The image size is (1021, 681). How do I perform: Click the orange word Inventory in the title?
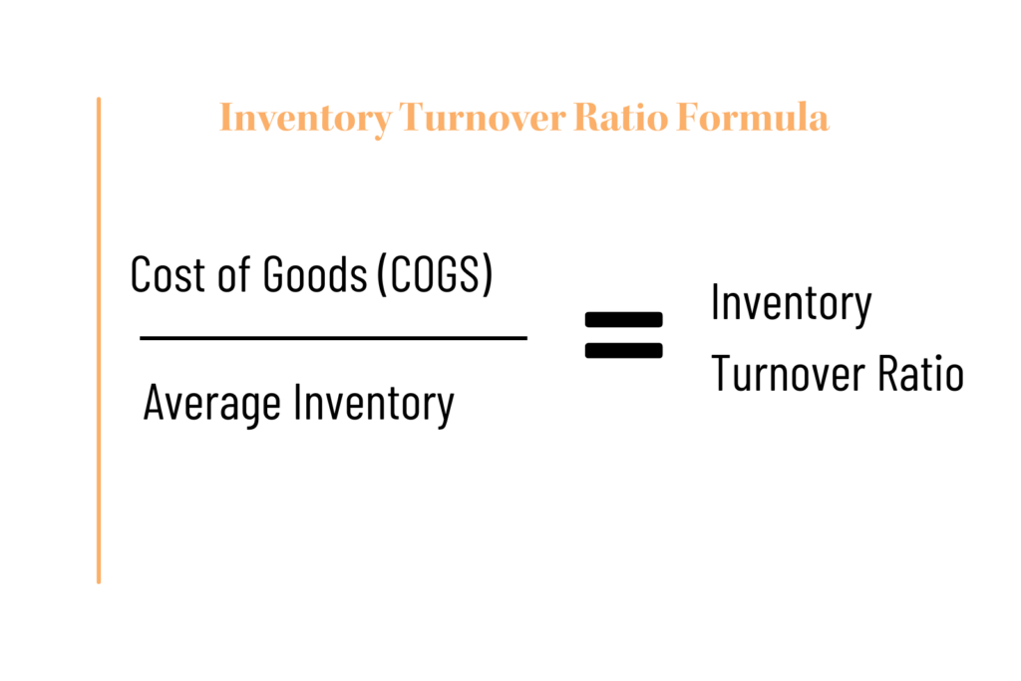tap(305, 119)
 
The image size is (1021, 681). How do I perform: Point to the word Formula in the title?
tap(753, 118)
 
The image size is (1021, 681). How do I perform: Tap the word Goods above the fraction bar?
tap(315, 275)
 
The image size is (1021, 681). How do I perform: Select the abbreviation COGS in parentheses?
tap(434, 275)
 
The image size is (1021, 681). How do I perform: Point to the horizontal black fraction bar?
tap(333, 338)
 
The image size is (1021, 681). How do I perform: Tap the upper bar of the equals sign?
tap(624, 320)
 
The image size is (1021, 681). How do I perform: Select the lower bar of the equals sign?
tap(624, 351)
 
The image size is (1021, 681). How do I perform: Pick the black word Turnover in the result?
tap(788, 374)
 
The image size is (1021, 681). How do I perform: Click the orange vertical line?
tap(99, 341)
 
